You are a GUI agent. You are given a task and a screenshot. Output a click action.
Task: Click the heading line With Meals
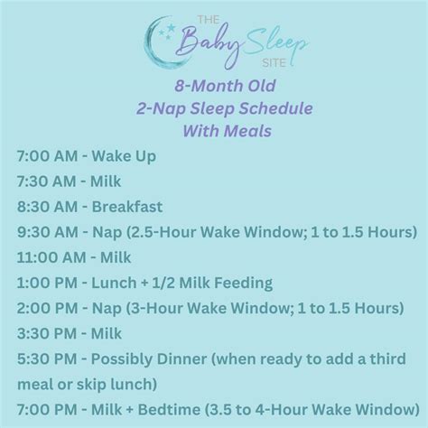point(214,128)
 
